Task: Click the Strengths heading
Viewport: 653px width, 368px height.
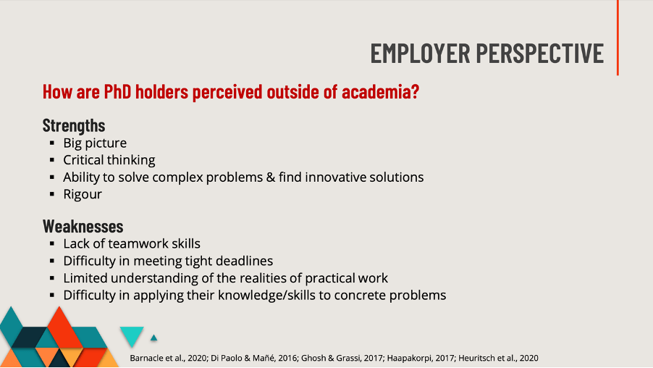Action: pos(74,125)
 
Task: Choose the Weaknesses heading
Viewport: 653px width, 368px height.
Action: pos(83,225)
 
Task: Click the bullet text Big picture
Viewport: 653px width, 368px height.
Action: pos(95,143)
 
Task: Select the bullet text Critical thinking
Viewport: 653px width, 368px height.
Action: pos(109,160)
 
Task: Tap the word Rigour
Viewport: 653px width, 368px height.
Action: pos(83,194)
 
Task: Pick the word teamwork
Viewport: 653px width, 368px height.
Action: pos(138,243)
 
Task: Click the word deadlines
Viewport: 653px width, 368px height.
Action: pos(242,261)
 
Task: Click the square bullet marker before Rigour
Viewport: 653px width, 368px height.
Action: pos(53,195)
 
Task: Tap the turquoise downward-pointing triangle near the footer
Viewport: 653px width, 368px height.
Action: pos(131,335)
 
